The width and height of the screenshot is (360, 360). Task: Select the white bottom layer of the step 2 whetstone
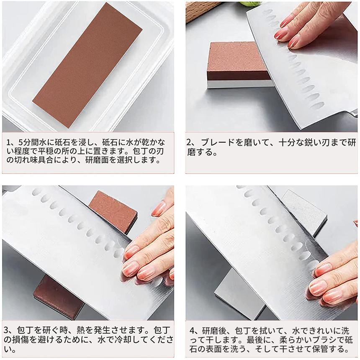239,84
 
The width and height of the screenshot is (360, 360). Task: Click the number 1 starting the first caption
9,141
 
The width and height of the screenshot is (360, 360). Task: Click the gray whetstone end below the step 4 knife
239,293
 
